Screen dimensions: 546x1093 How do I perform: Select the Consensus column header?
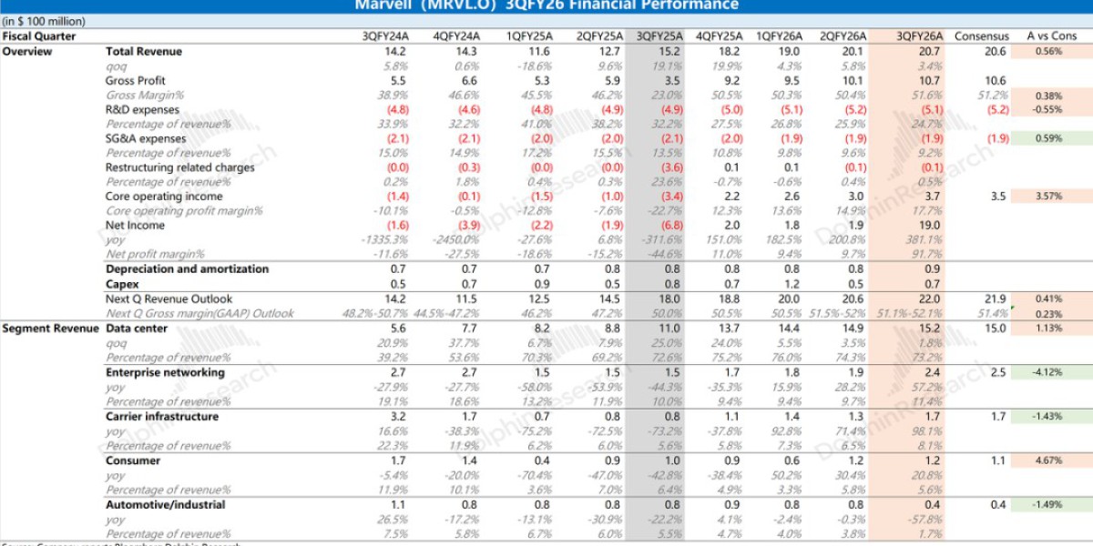(982, 36)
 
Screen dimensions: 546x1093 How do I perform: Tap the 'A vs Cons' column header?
(1045, 36)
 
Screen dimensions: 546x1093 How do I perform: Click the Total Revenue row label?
(144, 51)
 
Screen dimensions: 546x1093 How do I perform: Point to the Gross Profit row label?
(136, 81)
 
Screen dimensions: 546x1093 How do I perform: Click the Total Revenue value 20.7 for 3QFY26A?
(930, 51)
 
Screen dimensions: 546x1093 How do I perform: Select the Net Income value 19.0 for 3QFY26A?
(930, 226)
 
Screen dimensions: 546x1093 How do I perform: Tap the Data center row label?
(138, 329)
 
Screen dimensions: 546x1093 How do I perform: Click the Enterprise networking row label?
(165, 372)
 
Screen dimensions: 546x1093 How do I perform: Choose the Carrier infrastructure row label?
(162, 417)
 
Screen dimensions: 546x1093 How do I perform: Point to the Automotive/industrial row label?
(165, 504)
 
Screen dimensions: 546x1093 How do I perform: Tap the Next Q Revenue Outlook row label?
(169, 299)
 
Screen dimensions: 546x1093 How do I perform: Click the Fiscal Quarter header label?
(39, 36)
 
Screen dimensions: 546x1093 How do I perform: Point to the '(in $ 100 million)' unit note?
(44, 21)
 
